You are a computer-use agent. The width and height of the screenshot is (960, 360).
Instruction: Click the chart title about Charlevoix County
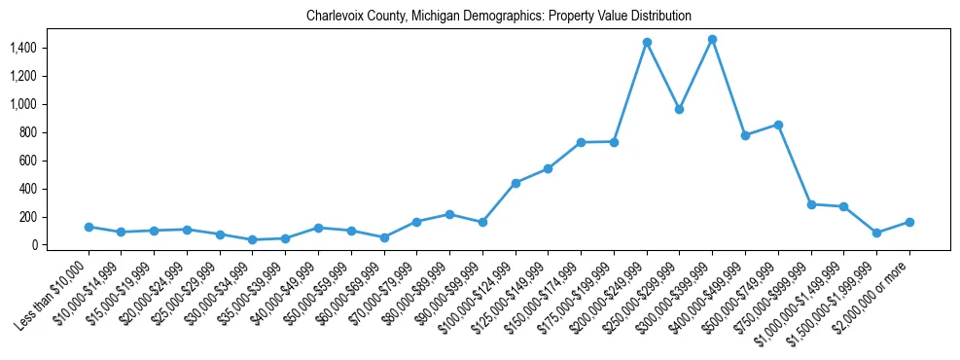(499, 17)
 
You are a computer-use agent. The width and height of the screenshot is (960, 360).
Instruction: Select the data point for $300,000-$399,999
(712, 40)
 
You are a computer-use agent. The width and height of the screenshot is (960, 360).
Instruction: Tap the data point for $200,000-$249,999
(647, 43)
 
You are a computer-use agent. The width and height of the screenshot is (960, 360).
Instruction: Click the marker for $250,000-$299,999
(680, 109)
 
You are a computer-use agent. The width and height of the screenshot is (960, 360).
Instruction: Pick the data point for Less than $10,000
(89, 227)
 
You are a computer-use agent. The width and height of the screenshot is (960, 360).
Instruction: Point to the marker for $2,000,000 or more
(909, 222)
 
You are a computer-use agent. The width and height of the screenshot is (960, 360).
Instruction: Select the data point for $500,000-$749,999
(778, 125)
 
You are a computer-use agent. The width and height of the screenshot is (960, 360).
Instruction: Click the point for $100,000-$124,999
(516, 183)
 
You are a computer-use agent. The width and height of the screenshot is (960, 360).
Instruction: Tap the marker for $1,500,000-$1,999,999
(876, 233)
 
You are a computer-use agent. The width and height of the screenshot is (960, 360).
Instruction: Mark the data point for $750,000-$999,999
(811, 204)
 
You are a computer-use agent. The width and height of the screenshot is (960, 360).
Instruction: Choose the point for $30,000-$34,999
(253, 239)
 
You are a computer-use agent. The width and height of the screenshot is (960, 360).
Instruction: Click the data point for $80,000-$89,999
(449, 214)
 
